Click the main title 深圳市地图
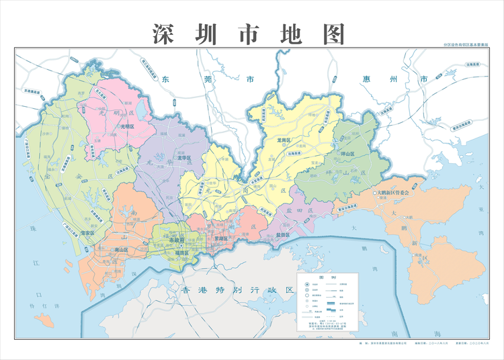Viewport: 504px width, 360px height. pyautogui.click(x=248, y=32)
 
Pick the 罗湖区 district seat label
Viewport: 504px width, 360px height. pyautogui.click(x=221, y=239)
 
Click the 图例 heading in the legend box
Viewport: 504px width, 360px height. pyautogui.click(x=330, y=277)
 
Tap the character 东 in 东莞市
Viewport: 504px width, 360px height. pyautogui.click(x=166, y=79)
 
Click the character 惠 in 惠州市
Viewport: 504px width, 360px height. pyautogui.click(x=368, y=79)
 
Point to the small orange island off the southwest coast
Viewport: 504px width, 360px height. pyautogui.click(x=44, y=318)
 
